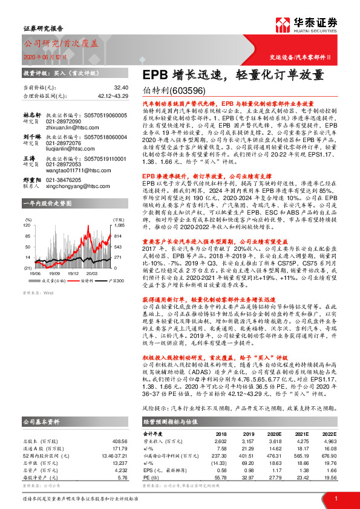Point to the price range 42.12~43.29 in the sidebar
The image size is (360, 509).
[x=112, y=96]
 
